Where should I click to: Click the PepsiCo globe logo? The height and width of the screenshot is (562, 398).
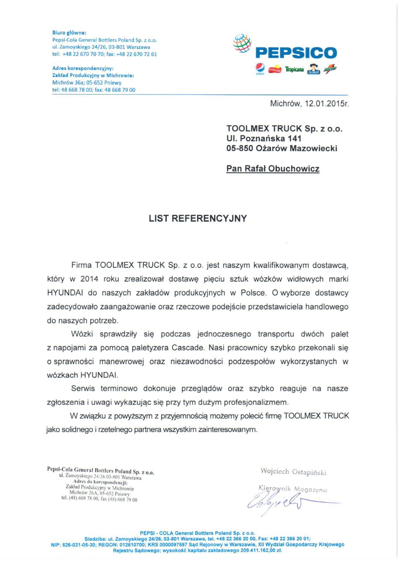pyautogui.click(x=242, y=43)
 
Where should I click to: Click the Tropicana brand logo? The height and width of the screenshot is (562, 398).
pyautogui.click(x=294, y=69)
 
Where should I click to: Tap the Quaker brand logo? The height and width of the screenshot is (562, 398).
pyautogui.click(x=313, y=69)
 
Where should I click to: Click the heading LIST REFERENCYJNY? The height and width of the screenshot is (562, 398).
pyautogui.click(x=198, y=218)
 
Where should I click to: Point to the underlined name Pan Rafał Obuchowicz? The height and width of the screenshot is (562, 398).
pyautogui.click(x=273, y=169)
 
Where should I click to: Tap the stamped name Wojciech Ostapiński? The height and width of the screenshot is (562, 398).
pyautogui.click(x=293, y=472)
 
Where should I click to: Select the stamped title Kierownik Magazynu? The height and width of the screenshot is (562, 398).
pyautogui.click(x=292, y=489)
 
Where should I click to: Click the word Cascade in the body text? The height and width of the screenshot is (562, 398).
pyautogui.click(x=188, y=348)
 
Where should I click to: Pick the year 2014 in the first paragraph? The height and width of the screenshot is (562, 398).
pyautogui.click(x=89, y=279)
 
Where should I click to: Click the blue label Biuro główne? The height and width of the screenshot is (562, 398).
pyautogui.click(x=69, y=32)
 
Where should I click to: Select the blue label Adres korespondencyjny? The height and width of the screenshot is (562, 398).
pyautogui.click(x=83, y=68)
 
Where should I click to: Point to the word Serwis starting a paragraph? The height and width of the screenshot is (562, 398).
pyautogui.click(x=83, y=388)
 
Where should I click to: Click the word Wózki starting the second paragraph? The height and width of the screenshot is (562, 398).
pyautogui.click(x=82, y=334)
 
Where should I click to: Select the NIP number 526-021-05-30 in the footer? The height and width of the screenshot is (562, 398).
pyautogui.click(x=78, y=544)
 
